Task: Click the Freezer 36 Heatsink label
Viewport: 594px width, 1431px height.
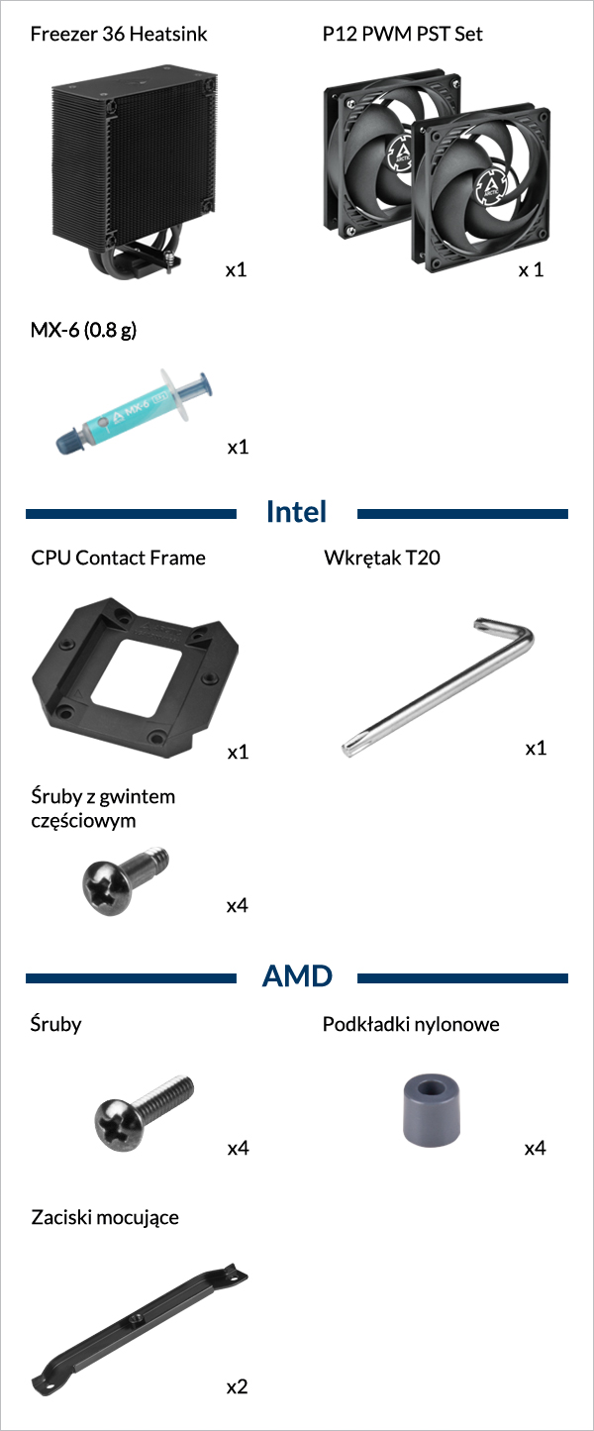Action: click(119, 34)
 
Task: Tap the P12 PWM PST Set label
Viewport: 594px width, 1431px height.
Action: click(402, 34)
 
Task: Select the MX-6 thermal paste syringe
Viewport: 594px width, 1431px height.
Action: click(134, 411)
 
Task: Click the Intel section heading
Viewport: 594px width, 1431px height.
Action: click(296, 512)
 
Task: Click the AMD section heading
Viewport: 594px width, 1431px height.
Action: click(297, 976)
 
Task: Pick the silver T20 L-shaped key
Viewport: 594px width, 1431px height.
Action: click(437, 687)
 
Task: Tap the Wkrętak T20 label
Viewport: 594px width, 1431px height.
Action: click(382, 558)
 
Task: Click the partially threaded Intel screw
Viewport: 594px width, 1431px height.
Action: click(125, 879)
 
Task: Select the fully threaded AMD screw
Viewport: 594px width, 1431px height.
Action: click(144, 1112)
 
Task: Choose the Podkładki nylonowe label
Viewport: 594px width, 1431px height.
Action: click(411, 1024)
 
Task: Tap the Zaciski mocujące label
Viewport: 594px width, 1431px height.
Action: click(105, 1217)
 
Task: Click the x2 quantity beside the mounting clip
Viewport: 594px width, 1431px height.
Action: click(237, 1386)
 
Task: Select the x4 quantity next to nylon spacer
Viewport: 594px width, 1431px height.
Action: click(536, 1148)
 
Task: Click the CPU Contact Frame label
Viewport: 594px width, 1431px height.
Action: click(118, 558)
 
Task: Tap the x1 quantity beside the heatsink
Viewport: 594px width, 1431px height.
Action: click(237, 269)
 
